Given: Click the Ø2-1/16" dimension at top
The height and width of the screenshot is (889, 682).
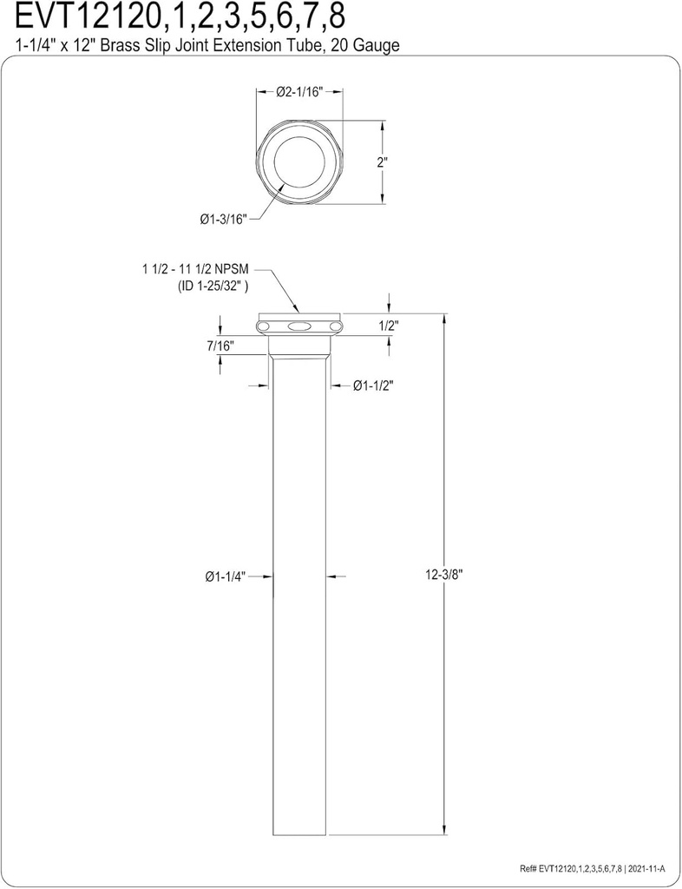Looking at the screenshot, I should [x=299, y=94].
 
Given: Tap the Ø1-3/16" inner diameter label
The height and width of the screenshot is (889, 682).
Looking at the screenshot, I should [x=224, y=221].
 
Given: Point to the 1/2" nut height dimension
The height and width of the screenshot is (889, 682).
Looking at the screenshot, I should [x=389, y=326].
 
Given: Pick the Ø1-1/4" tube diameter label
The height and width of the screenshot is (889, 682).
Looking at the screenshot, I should [x=226, y=576].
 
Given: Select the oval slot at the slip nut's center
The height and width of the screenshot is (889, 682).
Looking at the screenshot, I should [x=298, y=326].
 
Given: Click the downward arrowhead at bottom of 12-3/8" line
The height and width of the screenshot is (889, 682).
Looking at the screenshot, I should [x=446, y=831].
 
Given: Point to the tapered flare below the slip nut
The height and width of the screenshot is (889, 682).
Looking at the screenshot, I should [x=299, y=346].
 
